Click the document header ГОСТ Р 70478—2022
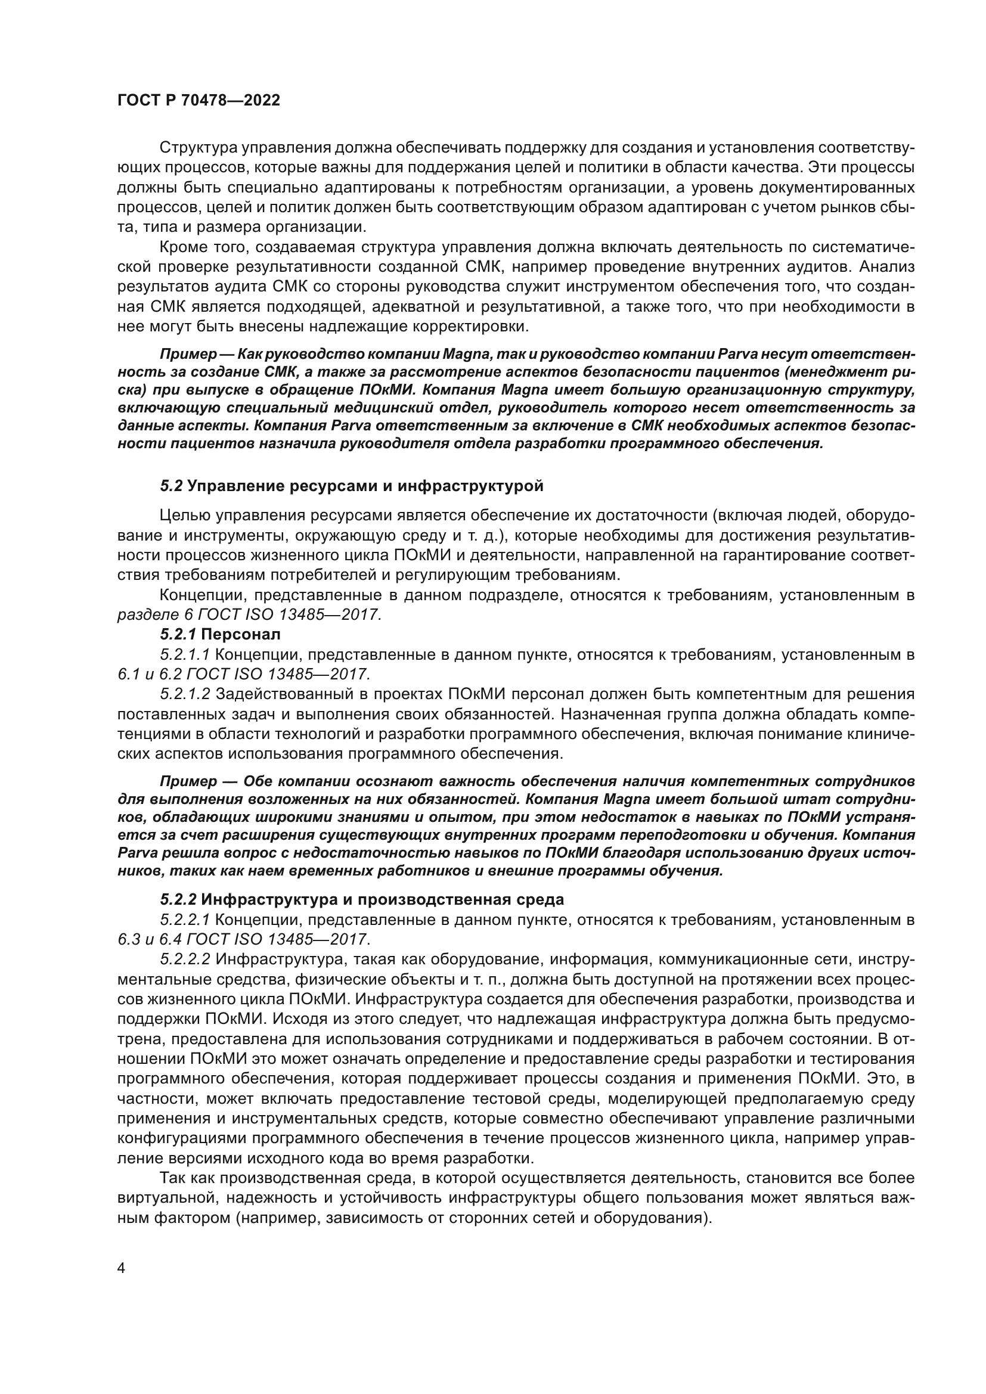(199, 101)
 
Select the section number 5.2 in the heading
(171, 486)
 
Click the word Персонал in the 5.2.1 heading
(241, 635)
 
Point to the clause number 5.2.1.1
(185, 654)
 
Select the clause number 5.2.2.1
(185, 920)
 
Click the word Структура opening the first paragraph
(197, 148)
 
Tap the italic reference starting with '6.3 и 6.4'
(243, 940)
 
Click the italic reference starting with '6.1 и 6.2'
(243, 674)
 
